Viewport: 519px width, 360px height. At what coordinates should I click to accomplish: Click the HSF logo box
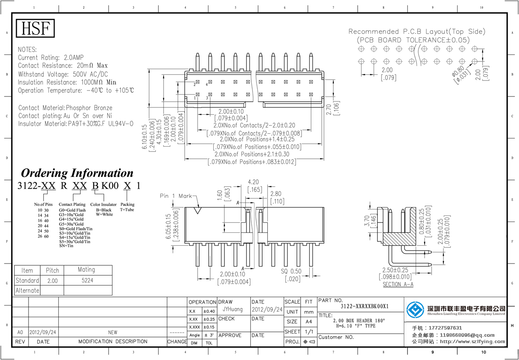(35, 29)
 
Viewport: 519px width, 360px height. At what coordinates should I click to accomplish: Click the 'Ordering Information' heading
(77, 173)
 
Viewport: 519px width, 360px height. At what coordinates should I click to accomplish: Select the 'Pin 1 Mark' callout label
(176, 196)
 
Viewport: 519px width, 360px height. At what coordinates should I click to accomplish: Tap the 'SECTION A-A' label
(398, 285)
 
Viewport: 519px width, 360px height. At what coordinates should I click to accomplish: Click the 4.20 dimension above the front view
(253, 182)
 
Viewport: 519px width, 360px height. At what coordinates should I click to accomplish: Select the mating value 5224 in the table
(86, 280)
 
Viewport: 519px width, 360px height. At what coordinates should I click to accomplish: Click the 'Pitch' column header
(52, 270)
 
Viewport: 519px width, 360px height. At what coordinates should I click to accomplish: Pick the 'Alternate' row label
(27, 290)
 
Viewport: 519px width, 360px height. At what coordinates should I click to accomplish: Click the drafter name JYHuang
(233, 310)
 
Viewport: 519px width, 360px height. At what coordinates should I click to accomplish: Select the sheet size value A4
(308, 321)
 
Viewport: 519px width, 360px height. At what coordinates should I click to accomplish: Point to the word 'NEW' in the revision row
(112, 332)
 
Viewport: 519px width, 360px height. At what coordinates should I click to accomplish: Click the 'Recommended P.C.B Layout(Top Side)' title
(417, 32)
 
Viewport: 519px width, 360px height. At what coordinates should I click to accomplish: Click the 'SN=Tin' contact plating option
(66, 246)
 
